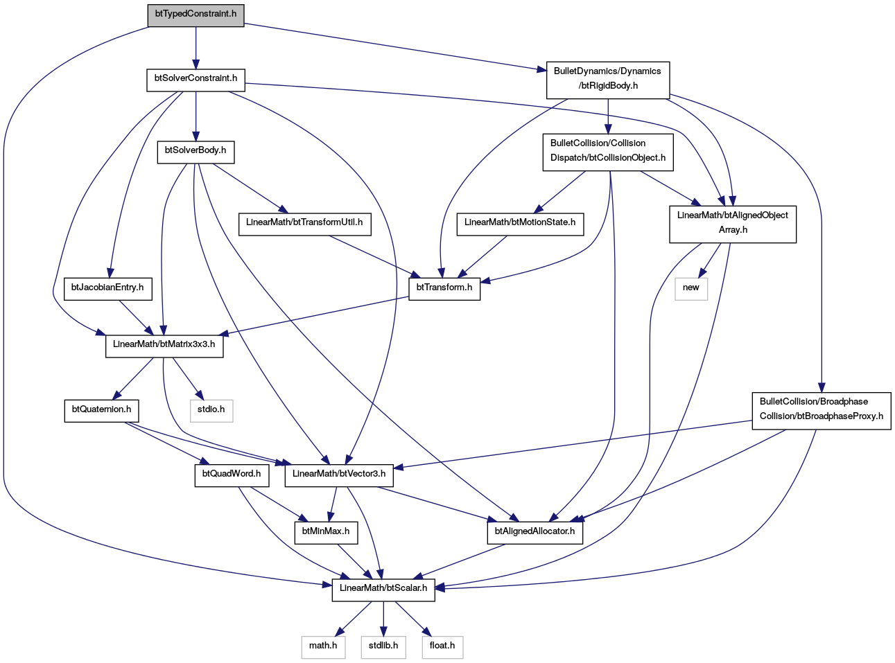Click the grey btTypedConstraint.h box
click(x=195, y=16)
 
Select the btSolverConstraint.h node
click(x=195, y=80)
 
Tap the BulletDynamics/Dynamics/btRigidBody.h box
click(x=608, y=80)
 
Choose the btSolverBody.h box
click(x=195, y=152)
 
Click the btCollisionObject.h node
click(x=608, y=152)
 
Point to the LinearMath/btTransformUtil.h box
click(x=304, y=224)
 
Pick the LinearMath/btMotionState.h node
click(x=520, y=224)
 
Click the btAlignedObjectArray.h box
click(x=732, y=224)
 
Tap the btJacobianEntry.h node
click(x=107, y=289)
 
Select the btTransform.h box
click(x=444, y=289)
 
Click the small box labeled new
click(x=690, y=289)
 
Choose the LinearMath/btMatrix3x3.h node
click(x=164, y=346)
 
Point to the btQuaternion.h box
click(x=101, y=411)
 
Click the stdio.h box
click(x=211, y=411)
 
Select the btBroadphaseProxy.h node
click(x=821, y=411)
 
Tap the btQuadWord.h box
click(x=232, y=475)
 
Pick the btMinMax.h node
click(x=326, y=533)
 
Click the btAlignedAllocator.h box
click(x=535, y=533)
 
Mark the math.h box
click(x=323, y=647)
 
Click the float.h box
click(x=443, y=647)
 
